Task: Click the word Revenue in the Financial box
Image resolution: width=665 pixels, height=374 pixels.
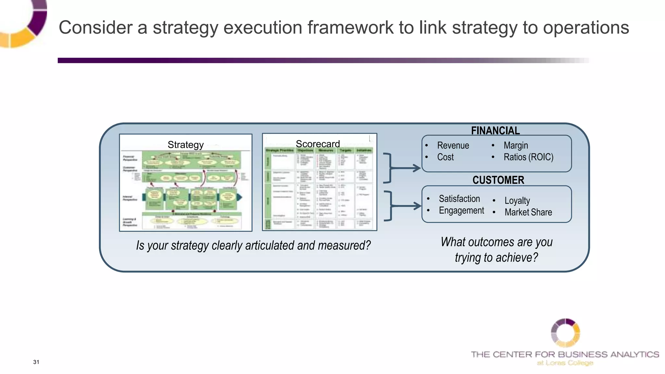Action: point(453,145)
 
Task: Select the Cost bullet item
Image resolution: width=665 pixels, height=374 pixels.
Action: point(445,157)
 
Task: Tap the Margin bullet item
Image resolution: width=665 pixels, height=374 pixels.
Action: point(516,145)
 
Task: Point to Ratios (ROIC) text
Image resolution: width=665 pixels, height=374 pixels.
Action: point(528,157)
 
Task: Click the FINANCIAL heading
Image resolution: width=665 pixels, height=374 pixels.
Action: point(495,131)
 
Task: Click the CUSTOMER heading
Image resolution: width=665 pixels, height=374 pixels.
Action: point(498,180)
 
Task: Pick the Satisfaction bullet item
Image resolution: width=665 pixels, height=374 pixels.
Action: point(459,199)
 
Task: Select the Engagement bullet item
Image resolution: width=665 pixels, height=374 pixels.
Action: point(461,211)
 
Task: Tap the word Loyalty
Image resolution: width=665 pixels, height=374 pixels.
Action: point(517,201)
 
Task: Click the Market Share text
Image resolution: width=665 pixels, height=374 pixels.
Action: point(528,212)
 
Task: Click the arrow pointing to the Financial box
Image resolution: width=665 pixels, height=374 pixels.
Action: point(406,168)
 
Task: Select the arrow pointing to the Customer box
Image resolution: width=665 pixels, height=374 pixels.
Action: point(406,206)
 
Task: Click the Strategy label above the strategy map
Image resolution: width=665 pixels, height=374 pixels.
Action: point(185,145)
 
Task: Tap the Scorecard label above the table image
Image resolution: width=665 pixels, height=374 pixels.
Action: point(318,144)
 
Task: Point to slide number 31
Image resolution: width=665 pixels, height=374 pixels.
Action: point(36,362)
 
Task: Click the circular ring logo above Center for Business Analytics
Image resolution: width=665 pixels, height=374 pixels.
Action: point(565,333)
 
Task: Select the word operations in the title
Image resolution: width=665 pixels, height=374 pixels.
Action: point(586,27)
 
